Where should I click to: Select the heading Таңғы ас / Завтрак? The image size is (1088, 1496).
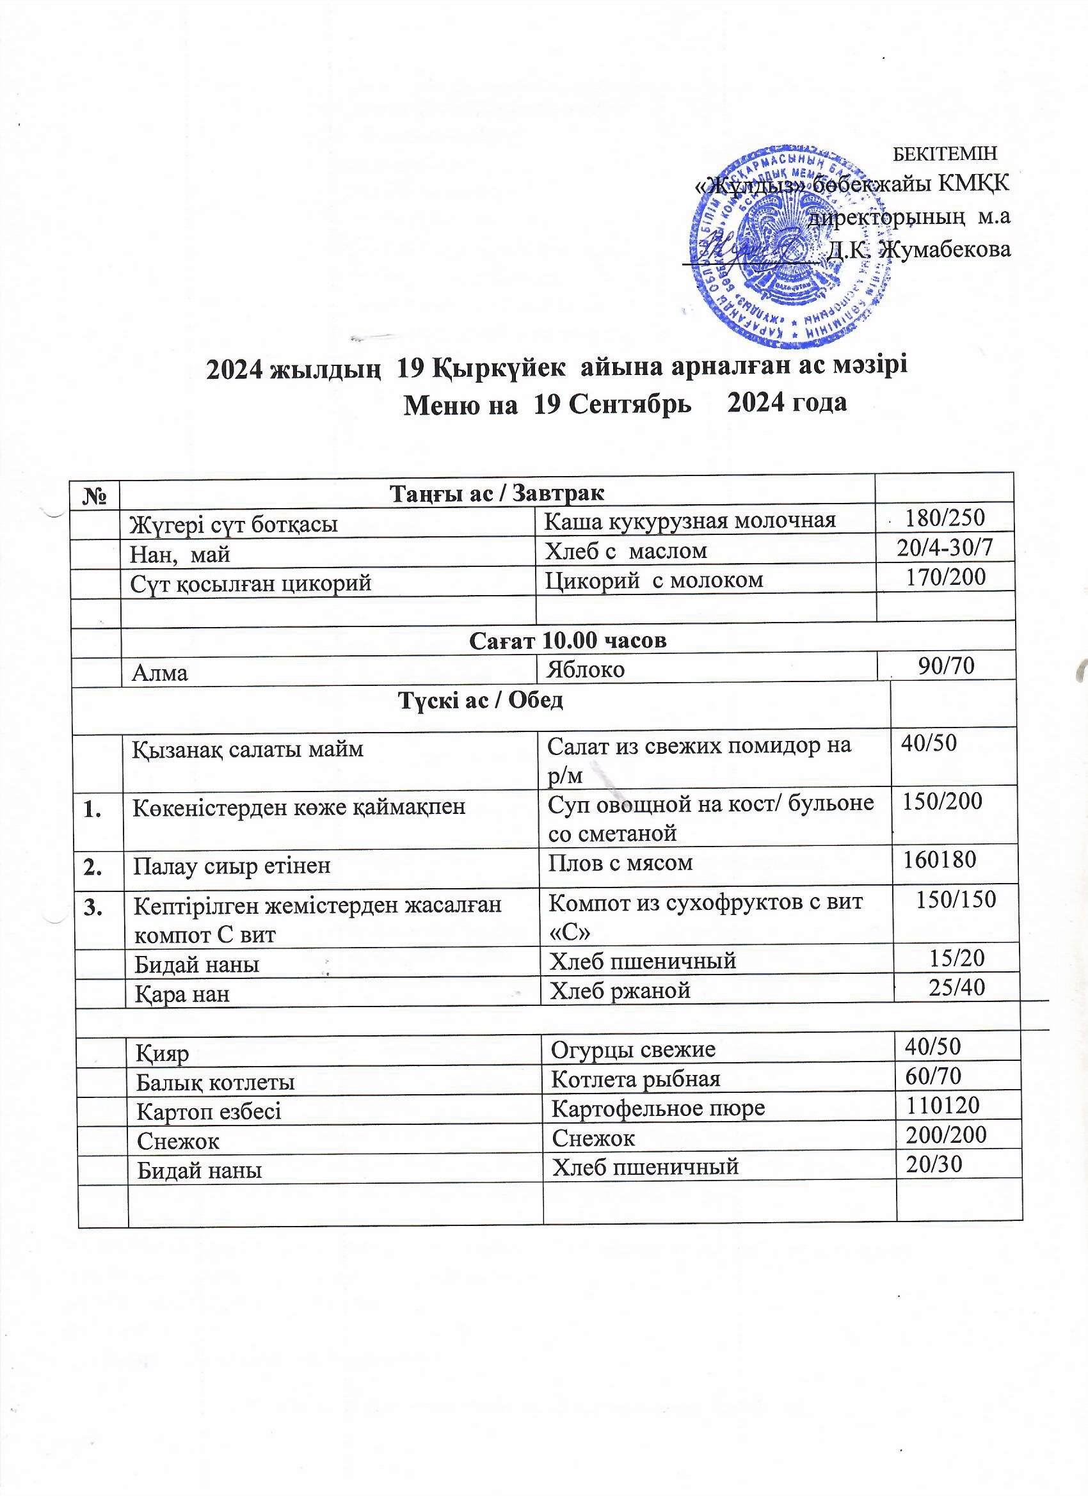(497, 493)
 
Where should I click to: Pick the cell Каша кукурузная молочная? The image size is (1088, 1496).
(689, 520)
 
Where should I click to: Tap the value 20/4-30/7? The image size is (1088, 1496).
(945, 547)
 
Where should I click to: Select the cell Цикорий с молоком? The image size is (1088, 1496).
(654, 579)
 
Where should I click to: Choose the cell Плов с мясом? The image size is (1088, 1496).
(620, 862)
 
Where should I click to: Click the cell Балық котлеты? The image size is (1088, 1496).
(215, 1083)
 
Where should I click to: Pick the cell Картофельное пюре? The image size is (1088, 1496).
(658, 1108)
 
